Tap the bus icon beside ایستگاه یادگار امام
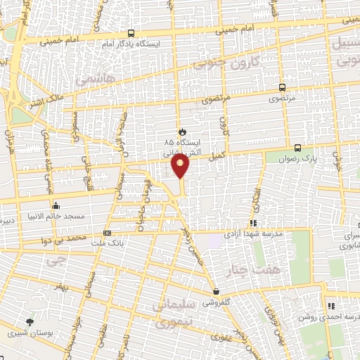[131, 33]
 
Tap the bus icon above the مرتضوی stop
[282, 88]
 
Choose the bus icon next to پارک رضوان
[297, 148]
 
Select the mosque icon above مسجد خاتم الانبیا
[55, 206]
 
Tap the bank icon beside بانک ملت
[107, 233]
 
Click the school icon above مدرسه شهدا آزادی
[253, 224]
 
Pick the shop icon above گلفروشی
[215, 292]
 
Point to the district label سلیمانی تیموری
[177, 314]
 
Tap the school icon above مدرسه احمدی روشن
[330, 306]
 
